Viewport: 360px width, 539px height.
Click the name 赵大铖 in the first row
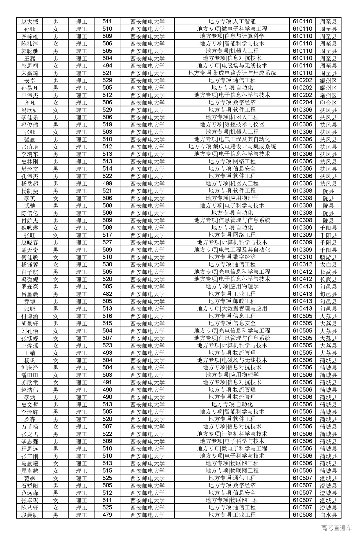pos(30,22)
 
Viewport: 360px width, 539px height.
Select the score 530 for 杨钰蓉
pos(107,264)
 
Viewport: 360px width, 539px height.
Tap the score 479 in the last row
pos(107,515)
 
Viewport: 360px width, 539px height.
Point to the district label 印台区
pos(328,103)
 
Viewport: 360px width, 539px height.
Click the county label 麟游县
pos(328,257)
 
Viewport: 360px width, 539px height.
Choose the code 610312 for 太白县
pos(302,264)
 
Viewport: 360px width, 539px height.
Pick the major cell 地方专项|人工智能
pos(232,22)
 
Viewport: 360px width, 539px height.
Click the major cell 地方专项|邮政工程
pos(232,301)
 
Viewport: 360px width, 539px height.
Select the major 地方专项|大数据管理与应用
pos(232,309)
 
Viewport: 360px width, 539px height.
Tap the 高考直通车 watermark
pos(336,528)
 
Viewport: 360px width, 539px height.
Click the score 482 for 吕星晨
pos(107,294)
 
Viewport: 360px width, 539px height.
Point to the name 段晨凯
pos(30,515)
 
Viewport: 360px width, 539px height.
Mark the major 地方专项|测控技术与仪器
pos(232,124)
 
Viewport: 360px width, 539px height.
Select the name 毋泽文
pos(30,169)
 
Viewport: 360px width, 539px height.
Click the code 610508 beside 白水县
pos(302,515)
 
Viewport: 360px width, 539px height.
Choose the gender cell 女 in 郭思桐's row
pos(56,66)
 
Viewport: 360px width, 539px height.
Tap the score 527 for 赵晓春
pos(107,243)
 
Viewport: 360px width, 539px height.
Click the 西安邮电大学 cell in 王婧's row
pos(147,353)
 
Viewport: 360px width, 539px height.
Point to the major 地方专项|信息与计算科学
pos(232,36)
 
